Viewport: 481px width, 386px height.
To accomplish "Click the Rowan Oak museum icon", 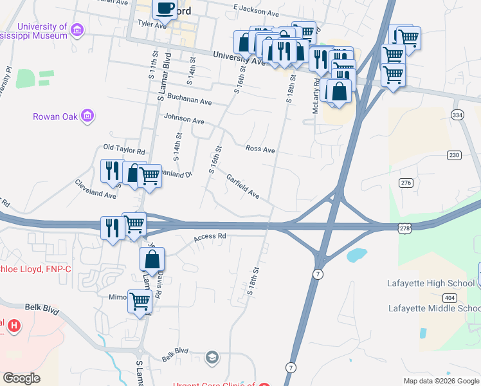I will [87, 116].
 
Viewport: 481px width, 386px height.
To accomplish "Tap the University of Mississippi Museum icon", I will [77, 30].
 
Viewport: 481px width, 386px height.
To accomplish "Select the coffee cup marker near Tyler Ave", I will [164, 9].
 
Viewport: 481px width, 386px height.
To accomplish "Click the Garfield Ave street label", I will [242, 185].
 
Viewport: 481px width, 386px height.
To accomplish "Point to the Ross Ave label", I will [260, 150].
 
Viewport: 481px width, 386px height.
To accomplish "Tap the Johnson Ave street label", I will [184, 120].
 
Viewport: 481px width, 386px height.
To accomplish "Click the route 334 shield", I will [457, 115].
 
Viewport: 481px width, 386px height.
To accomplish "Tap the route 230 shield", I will [455, 155].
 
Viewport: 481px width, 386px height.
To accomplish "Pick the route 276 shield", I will [406, 183].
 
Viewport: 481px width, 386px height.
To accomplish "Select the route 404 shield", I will [450, 297].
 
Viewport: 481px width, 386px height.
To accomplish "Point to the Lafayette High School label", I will [430, 284].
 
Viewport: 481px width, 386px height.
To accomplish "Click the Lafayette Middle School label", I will [434, 308].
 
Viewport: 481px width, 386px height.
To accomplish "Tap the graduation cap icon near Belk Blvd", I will [212, 358].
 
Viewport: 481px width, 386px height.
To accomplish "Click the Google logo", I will [22, 378].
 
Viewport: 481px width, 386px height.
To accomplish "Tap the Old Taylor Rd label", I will [125, 150].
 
